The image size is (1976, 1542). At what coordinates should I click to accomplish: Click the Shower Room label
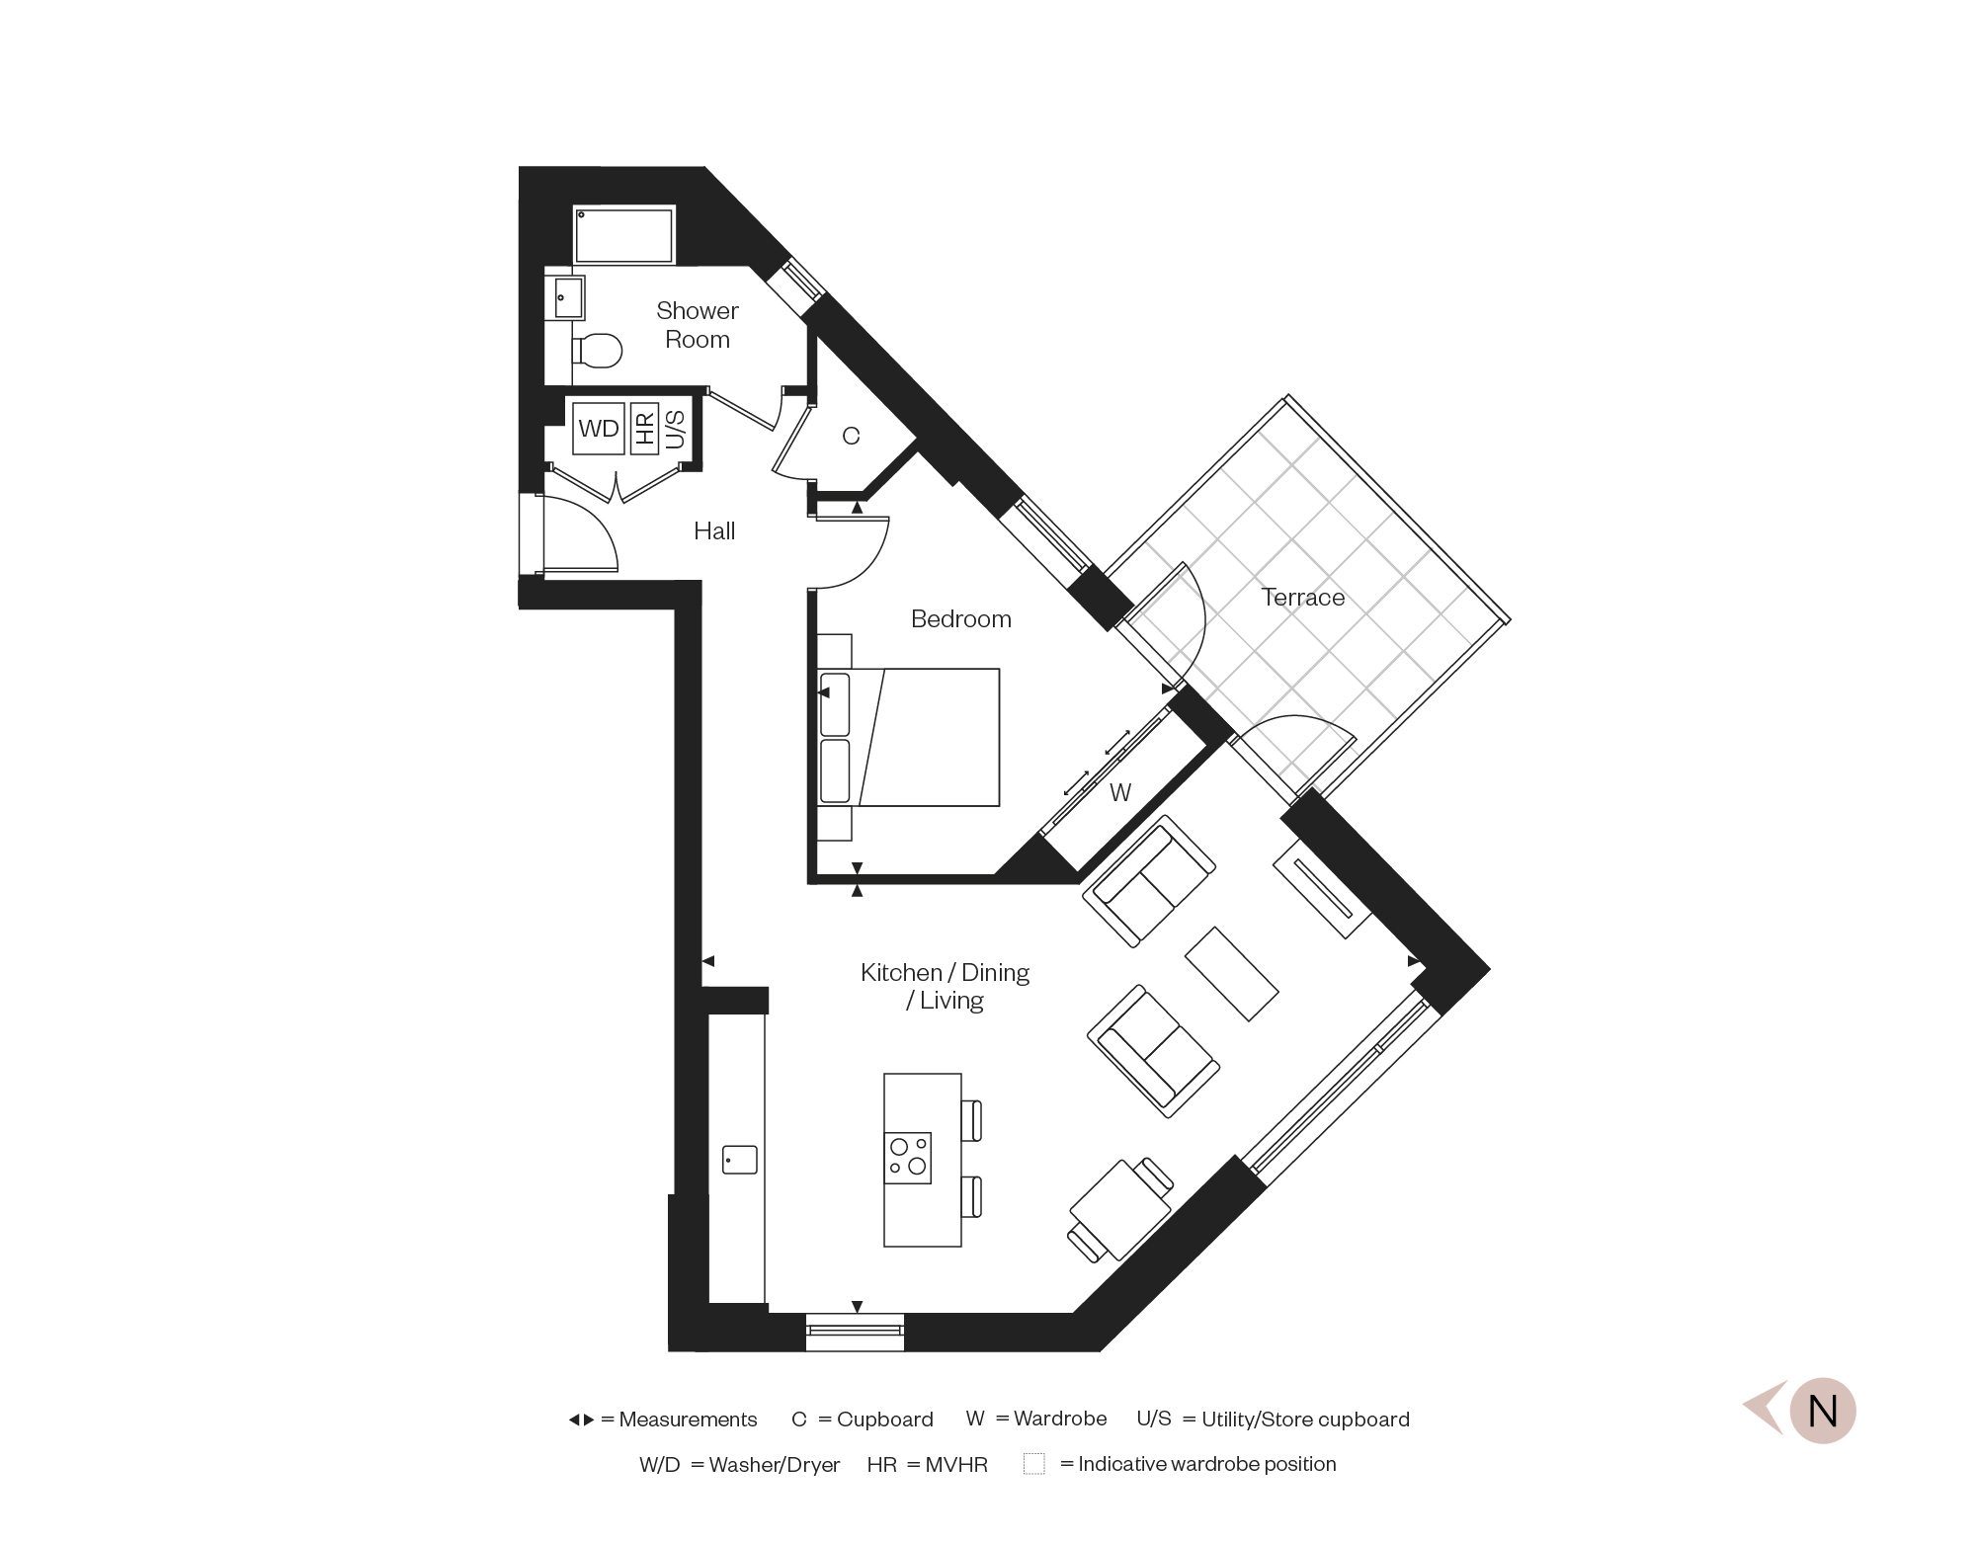(x=698, y=325)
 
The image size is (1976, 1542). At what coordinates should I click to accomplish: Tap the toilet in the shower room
(x=599, y=350)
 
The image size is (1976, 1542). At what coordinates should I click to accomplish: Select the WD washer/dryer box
(x=599, y=428)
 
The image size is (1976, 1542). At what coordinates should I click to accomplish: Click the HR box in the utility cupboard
(x=644, y=428)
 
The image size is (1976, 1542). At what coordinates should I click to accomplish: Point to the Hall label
(x=714, y=531)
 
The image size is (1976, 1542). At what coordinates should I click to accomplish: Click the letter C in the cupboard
(x=851, y=436)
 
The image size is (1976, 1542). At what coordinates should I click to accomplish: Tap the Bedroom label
(x=960, y=619)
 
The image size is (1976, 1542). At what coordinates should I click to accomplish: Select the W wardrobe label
(x=1119, y=792)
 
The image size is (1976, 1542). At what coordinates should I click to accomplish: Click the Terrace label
(x=1302, y=598)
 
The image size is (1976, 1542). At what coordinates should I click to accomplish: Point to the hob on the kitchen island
(x=908, y=1158)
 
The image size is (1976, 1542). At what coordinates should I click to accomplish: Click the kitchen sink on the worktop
(x=739, y=1159)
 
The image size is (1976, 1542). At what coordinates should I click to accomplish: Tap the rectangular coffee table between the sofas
(x=1231, y=973)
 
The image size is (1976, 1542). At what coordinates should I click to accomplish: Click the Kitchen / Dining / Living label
(x=945, y=986)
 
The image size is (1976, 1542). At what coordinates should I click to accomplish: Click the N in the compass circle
(x=1823, y=1412)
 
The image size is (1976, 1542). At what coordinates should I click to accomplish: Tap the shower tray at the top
(x=623, y=235)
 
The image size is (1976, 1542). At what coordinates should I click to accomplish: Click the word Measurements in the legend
(x=688, y=1420)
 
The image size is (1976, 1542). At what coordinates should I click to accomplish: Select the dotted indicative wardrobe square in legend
(x=1033, y=1464)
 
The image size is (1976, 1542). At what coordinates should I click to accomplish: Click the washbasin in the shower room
(x=567, y=296)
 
